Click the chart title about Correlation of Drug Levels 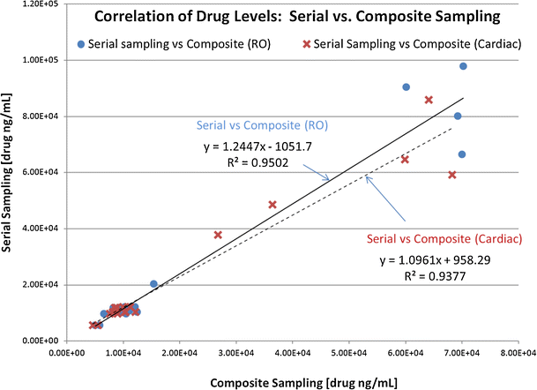point(300,16)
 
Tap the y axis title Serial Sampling point(11,172)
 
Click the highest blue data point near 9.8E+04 point(463,66)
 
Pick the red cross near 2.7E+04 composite point(218,235)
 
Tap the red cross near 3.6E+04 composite point(272,205)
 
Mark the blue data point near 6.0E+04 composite point(406,87)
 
